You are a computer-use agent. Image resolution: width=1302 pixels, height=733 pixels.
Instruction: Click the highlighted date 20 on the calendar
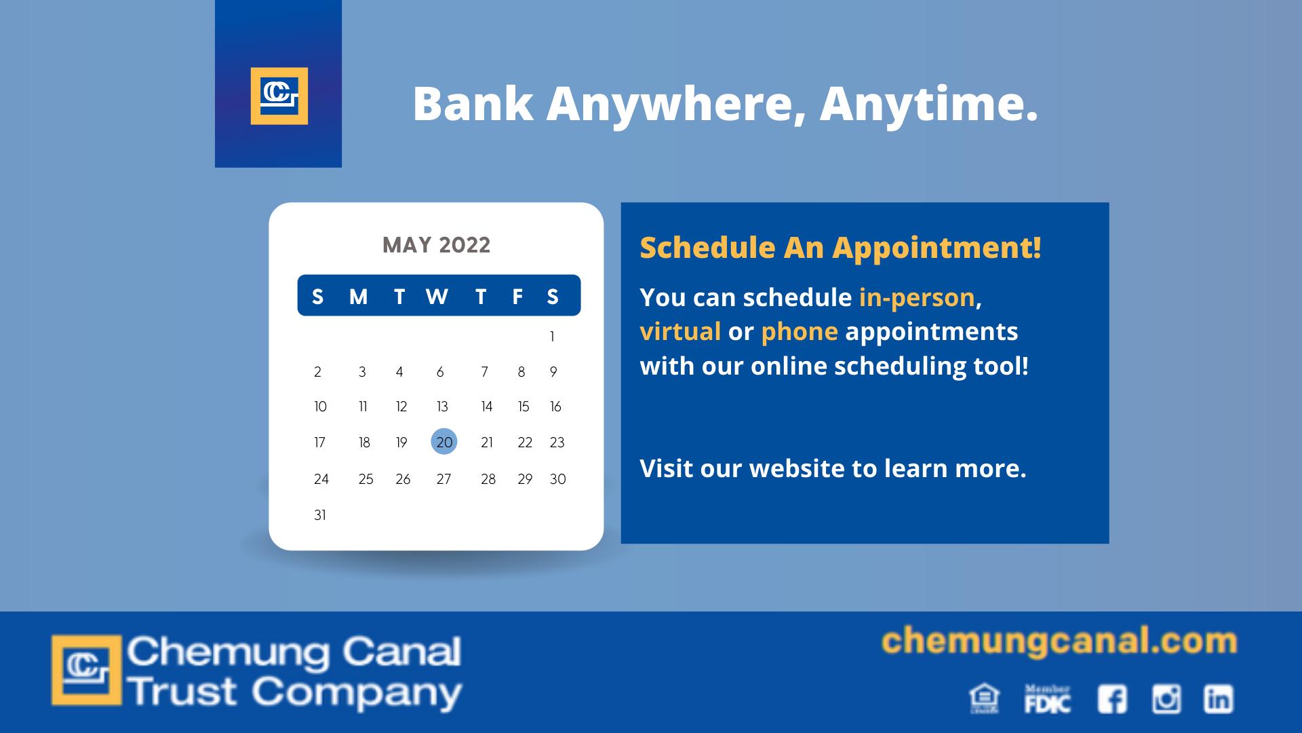pos(444,442)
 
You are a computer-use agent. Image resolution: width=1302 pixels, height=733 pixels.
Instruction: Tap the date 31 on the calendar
pos(320,515)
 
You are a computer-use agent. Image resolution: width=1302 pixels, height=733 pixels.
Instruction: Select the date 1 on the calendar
pos(552,337)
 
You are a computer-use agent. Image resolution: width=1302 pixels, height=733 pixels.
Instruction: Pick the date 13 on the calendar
pos(442,407)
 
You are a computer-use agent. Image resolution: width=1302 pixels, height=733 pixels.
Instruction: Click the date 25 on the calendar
pos(366,479)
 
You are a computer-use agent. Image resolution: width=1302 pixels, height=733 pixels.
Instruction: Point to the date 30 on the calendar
pos(557,479)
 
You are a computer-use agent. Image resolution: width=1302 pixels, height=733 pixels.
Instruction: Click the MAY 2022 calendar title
pos(436,245)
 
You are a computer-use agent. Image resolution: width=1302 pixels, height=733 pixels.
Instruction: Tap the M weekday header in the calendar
pos(358,297)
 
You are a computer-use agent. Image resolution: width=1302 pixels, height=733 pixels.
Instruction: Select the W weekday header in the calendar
pos(437,297)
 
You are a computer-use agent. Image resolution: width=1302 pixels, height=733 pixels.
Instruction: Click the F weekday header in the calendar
pos(517,297)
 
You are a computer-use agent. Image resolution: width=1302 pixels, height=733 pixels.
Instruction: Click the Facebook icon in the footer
pos(1112,699)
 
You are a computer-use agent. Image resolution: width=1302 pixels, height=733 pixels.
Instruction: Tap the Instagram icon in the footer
pos(1166,699)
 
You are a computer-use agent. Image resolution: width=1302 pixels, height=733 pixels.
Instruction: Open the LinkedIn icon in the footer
pos(1219,699)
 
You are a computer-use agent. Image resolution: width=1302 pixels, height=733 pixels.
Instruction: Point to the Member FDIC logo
pos(1048,699)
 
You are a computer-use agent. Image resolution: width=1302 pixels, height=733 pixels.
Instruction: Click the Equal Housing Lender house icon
pos(985,699)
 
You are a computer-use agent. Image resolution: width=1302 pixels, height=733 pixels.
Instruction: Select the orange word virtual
pos(680,331)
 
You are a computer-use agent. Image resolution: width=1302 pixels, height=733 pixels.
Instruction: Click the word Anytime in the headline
pos(928,104)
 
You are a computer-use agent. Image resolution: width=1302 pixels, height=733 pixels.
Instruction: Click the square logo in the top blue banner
pos(279,96)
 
